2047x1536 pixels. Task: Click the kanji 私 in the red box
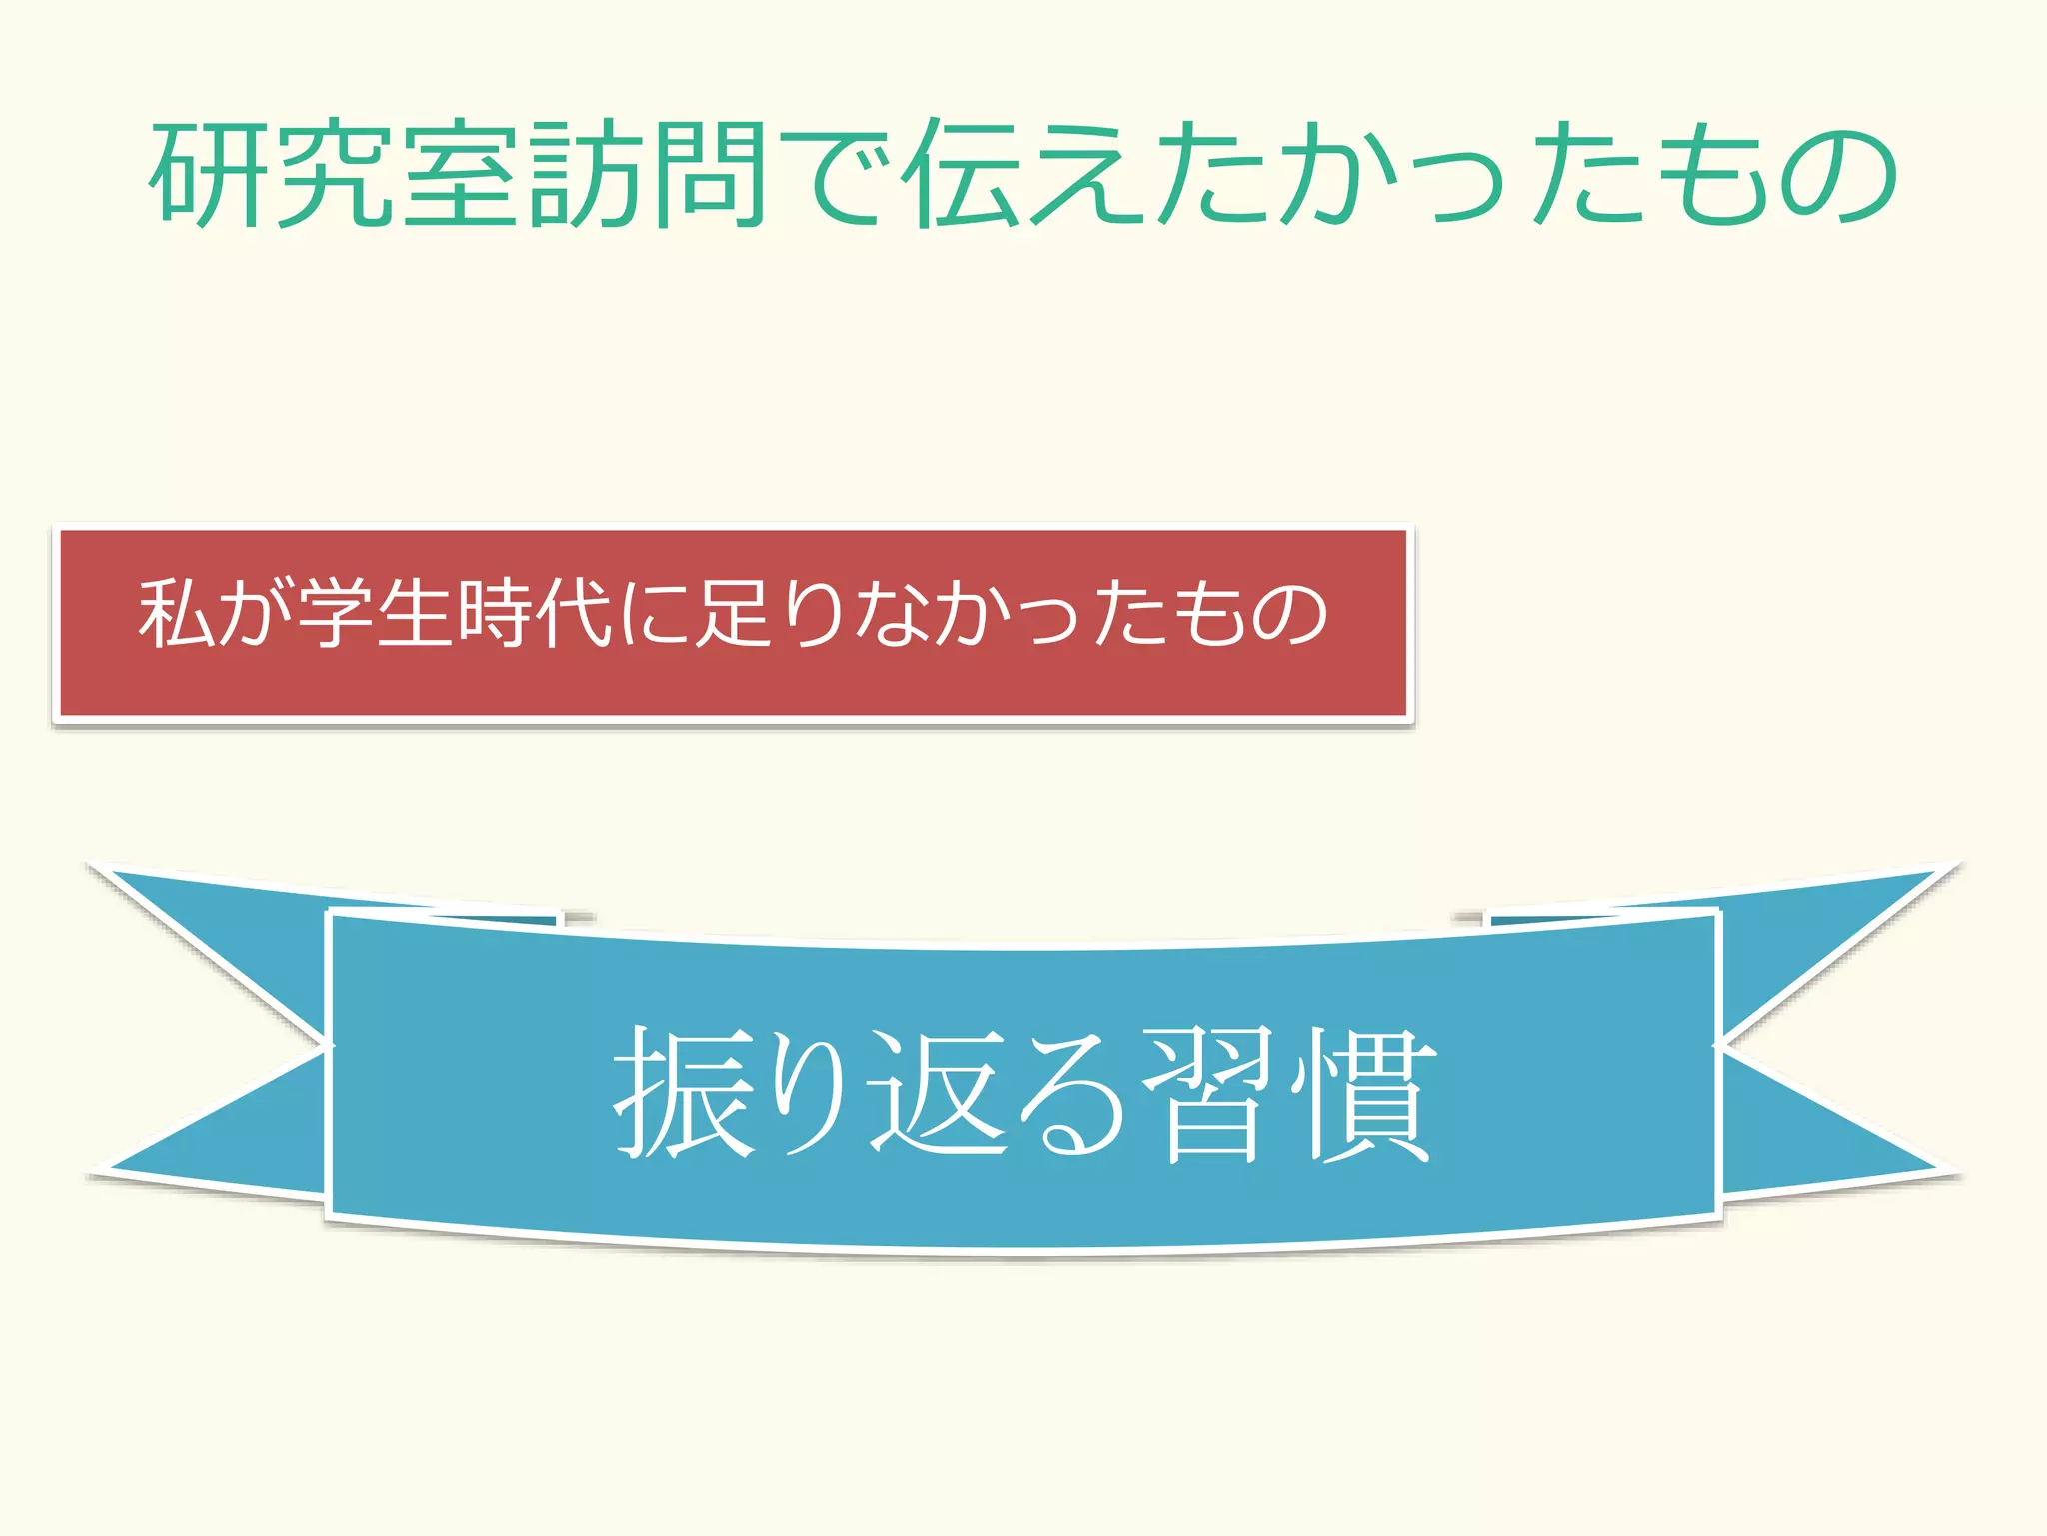(x=177, y=613)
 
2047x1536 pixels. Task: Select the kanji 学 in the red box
(x=336, y=613)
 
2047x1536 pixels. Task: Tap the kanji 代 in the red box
(x=574, y=613)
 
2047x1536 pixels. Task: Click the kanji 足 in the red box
(x=735, y=613)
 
